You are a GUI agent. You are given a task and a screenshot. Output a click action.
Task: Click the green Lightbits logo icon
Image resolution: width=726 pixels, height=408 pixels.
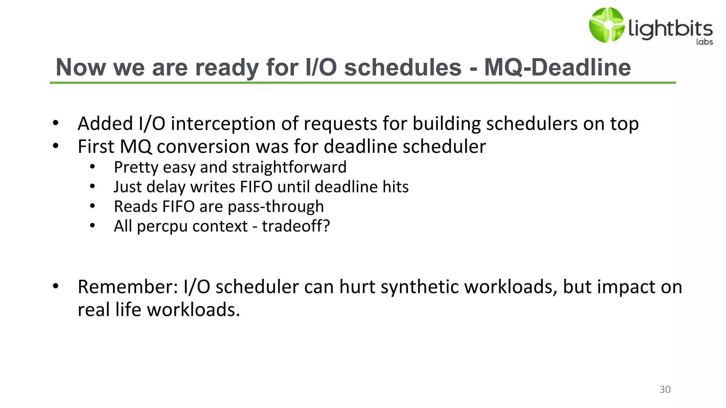coord(606,25)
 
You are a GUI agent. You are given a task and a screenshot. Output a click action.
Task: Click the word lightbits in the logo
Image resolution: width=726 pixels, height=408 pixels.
coord(670,29)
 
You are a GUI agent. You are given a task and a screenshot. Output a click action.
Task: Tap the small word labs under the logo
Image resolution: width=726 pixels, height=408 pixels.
coord(704,42)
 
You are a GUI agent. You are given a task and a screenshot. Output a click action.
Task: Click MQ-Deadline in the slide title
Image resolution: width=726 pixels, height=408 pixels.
coord(557,67)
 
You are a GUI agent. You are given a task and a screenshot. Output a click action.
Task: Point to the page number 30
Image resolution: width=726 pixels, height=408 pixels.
coord(665,390)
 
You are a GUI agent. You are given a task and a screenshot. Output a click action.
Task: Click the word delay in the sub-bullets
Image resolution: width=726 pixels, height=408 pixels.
coord(166,187)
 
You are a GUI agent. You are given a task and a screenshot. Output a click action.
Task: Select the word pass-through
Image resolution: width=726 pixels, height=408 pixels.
coord(276,207)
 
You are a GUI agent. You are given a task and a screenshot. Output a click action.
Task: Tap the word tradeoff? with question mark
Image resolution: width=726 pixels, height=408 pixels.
coord(296,226)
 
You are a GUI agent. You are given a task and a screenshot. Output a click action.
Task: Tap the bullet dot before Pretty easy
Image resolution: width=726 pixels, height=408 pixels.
coord(93,167)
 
